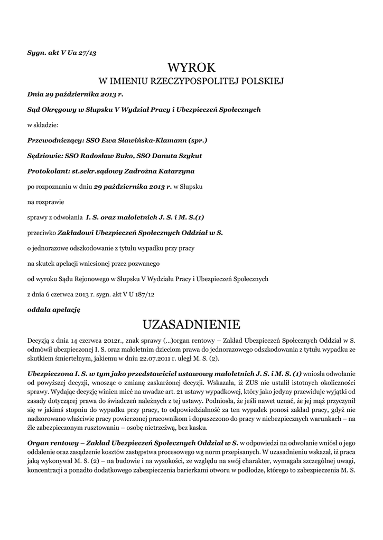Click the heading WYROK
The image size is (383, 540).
point(191,67)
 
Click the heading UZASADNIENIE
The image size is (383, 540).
point(191,323)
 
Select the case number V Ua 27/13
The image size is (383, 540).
point(81,53)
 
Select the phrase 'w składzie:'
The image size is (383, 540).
point(43,126)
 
